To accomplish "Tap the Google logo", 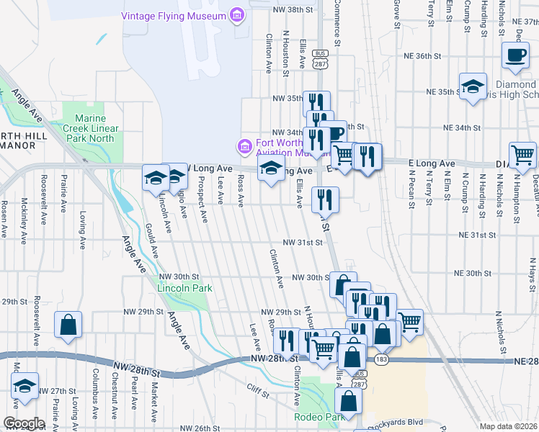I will pos(24,423).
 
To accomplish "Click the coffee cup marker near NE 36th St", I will pos(514,56).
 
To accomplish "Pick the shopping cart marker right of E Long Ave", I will pos(522,153).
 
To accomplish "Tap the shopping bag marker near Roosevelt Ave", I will pos(68,324).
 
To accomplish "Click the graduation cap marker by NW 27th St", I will pos(25,386).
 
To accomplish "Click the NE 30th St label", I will pos(473,274).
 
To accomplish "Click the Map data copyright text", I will pos(508,426).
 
